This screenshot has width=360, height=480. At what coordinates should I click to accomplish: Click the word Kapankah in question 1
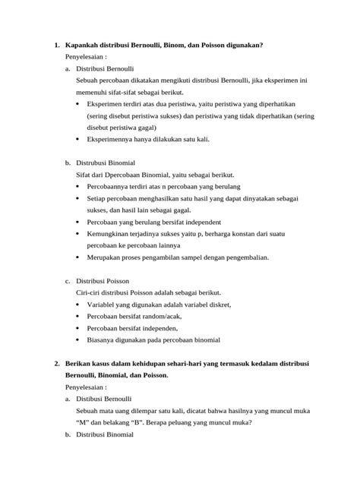coord(83,45)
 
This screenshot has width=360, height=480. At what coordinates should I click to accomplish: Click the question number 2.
coord(57,364)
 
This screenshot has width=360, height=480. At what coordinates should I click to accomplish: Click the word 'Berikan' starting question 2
coord(81,364)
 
